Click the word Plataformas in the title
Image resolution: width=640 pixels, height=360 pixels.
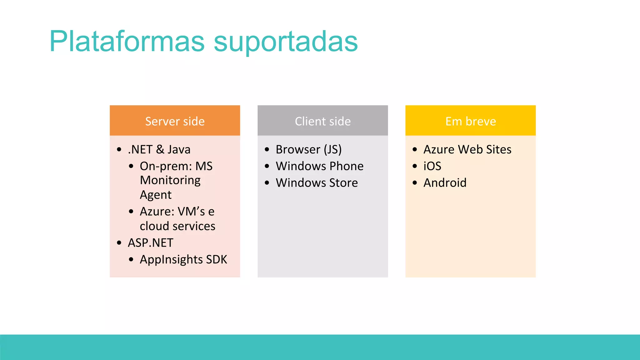click(x=127, y=42)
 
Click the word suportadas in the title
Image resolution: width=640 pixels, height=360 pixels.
click(x=286, y=42)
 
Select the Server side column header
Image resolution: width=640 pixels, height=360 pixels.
click(x=175, y=121)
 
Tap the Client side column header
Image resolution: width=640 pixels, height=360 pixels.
click(x=322, y=121)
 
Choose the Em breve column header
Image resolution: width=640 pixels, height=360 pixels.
click(x=470, y=121)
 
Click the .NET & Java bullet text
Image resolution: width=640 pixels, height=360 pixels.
click(x=159, y=149)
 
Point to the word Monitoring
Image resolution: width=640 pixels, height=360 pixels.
click(x=170, y=180)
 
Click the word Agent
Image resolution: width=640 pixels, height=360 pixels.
click(x=156, y=195)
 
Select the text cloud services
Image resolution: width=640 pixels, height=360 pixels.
click(x=177, y=226)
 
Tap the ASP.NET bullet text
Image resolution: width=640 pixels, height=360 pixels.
click(x=151, y=243)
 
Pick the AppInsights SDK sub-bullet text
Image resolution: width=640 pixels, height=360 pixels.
click(x=183, y=259)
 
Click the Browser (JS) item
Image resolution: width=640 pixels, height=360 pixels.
click(x=309, y=149)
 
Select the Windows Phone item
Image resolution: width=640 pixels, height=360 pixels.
click(x=320, y=166)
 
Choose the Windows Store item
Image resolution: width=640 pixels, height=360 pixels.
click(x=317, y=182)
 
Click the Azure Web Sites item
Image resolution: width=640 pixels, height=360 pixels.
click(x=467, y=149)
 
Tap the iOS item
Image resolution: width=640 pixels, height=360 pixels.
click(x=432, y=166)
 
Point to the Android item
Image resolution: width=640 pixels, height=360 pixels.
click(x=445, y=182)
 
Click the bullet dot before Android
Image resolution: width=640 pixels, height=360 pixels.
click(x=415, y=183)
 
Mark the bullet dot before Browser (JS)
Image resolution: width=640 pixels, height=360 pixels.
click(x=267, y=150)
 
